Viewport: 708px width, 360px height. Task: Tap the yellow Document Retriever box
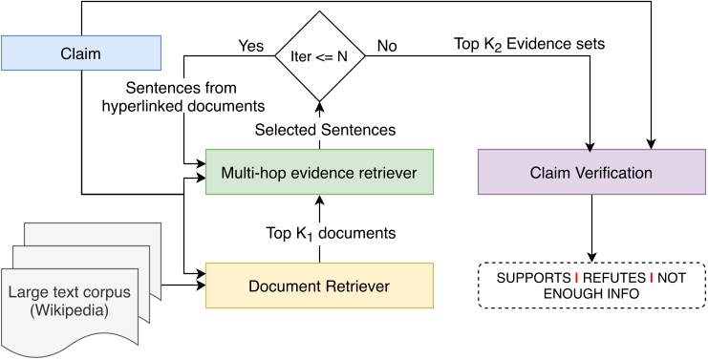[319, 285]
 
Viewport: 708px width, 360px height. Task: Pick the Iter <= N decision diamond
[319, 55]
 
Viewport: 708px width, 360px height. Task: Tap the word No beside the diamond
[386, 44]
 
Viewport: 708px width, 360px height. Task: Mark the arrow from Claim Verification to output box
[592, 229]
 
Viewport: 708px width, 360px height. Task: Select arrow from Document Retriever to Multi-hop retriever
[319, 229]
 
